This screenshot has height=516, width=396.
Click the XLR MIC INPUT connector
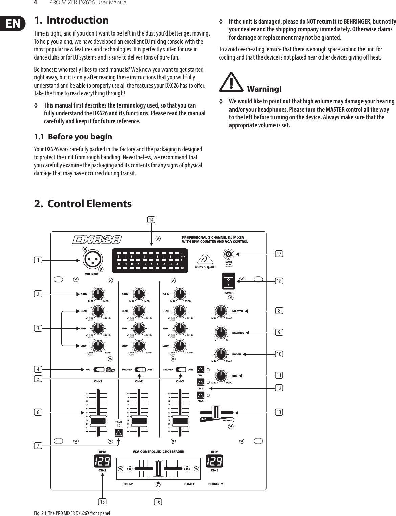(x=92, y=260)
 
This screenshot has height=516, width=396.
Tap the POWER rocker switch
(x=228, y=281)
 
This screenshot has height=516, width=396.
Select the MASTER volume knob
(x=221, y=311)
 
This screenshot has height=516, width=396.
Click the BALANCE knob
(x=221, y=332)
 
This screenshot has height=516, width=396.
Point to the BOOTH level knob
(x=221, y=354)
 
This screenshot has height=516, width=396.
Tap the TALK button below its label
(x=118, y=433)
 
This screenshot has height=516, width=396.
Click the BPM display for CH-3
(x=215, y=461)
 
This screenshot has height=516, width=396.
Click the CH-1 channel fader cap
(x=98, y=421)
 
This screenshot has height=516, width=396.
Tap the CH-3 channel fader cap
(x=180, y=421)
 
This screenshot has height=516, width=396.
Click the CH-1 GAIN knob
(x=98, y=294)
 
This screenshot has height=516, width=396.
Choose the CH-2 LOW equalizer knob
(x=139, y=346)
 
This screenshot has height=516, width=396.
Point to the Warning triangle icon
(x=231, y=82)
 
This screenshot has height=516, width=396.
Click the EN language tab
(x=13, y=24)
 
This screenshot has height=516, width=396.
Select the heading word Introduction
(x=78, y=20)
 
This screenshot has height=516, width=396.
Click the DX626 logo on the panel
(x=97, y=240)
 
